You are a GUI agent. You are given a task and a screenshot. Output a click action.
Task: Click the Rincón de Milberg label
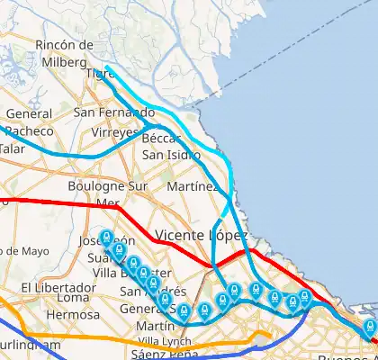(x=64, y=52)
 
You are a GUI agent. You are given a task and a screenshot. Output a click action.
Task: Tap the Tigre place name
(x=95, y=73)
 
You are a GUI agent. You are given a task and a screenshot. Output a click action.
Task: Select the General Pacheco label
(x=29, y=121)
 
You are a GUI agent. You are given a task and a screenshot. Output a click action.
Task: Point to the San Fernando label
(x=114, y=112)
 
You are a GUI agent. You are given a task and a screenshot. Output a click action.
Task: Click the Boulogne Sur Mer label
(x=113, y=193)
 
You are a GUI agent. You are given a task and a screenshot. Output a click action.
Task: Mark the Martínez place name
(x=193, y=186)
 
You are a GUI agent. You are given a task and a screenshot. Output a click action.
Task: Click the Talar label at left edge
(x=11, y=148)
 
